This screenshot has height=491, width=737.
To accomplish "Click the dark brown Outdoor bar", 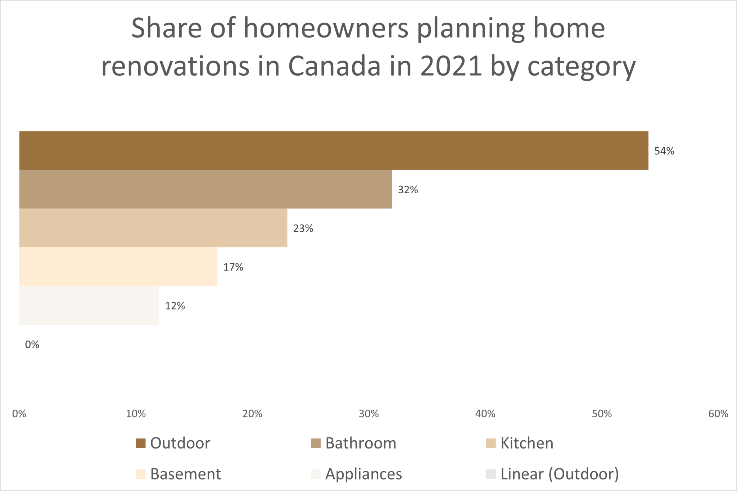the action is click(334, 150).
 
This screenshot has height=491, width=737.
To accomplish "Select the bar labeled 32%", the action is click(205, 189).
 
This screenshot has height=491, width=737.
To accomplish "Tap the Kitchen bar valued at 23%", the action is click(153, 228).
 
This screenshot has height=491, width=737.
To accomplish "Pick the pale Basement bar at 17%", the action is click(118, 267).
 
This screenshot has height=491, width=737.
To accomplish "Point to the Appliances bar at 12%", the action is click(89, 306).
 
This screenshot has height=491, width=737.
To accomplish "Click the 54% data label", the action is click(664, 151).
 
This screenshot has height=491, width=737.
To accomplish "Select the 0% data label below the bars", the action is click(32, 345).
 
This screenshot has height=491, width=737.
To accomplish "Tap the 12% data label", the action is click(175, 306).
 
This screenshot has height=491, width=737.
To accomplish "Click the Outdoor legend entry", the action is click(173, 443).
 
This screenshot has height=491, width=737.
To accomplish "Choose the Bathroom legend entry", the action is click(353, 443).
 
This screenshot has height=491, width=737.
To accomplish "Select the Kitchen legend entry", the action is click(520, 443).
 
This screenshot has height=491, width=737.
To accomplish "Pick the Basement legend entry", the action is click(178, 474).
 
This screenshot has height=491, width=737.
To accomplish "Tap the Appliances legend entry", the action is click(357, 474).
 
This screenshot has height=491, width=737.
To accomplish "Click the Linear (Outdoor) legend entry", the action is click(552, 474).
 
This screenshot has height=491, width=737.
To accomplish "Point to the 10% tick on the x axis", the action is click(136, 414).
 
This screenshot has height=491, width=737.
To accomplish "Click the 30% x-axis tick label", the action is click(369, 414).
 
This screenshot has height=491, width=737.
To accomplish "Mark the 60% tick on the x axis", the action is click(718, 414).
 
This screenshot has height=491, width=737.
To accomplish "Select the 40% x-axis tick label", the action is click(485, 414).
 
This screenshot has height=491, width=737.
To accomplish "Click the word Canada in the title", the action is click(334, 66).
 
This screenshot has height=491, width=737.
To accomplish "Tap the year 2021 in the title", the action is click(451, 66).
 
